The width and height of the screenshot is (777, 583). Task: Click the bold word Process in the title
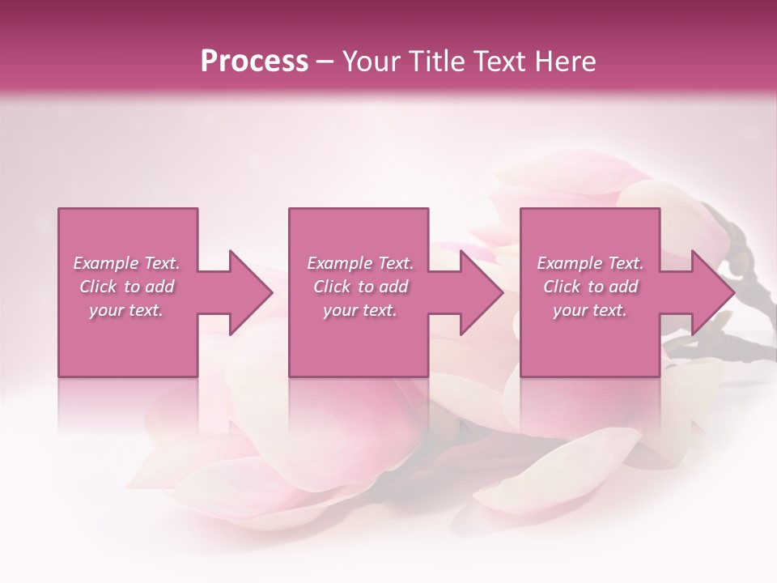click(x=254, y=61)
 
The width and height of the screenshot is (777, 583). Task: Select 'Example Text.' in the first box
click(x=127, y=263)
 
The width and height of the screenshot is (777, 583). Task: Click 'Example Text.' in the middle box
click(x=360, y=263)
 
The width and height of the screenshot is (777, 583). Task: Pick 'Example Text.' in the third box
click(x=590, y=263)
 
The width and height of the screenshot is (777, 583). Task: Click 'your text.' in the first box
click(x=126, y=310)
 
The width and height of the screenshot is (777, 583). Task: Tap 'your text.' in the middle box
click(x=359, y=310)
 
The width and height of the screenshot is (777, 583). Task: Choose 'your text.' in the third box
click(x=589, y=310)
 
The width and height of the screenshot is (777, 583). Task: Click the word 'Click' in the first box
click(x=98, y=287)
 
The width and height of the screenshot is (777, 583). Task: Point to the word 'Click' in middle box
click(x=332, y=287)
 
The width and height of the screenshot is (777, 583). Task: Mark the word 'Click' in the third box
click(x=562, y=287)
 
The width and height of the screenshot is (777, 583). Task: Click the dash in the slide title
click(x=325, y=62)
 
